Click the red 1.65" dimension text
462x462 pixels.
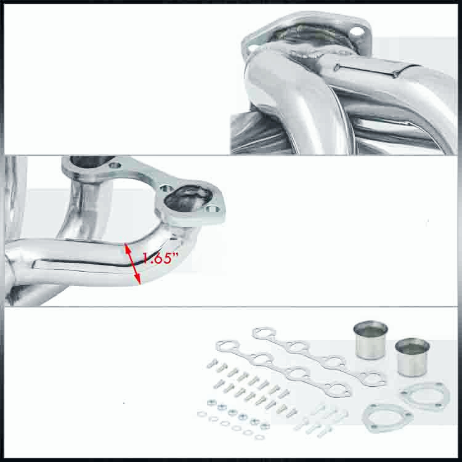158,259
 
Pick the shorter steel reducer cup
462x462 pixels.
412,357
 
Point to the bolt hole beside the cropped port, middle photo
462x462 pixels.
115,165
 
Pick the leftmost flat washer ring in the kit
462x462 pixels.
202,414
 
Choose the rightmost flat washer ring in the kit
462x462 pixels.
262,436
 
